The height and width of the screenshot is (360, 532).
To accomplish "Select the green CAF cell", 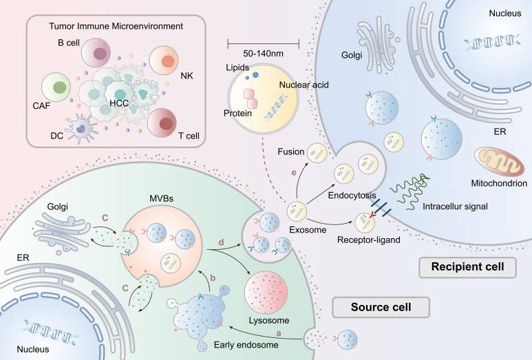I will click(x=58, y=88).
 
